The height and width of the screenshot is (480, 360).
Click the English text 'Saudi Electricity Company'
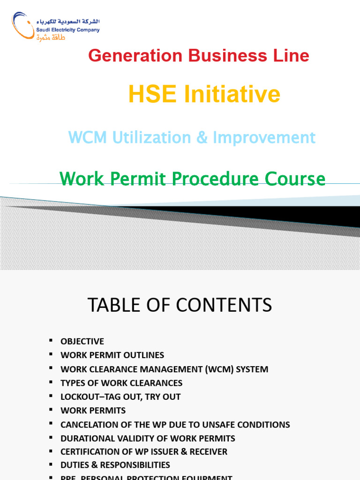pyautogui.click(x=68, y=30)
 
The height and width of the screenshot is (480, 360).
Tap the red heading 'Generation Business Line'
pyautogui.click(x=198, y=56)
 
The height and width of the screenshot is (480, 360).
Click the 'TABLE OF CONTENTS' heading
pyautogui.click(x=180, y=305)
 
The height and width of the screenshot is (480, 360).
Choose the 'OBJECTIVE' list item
pyautogui.click(x=82, y=342)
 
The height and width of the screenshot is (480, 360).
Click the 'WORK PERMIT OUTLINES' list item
pyautogui.click(x=112, y=355)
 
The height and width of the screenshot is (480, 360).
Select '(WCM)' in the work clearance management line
pyautogui.click(x=220, y=369)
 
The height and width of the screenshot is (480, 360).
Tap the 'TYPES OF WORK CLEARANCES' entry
pyautogui.click(x=121, y=383)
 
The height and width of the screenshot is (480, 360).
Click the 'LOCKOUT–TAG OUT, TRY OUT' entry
pyautogui.click(x=120, y=397)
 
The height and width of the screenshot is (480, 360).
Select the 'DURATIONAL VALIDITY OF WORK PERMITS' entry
pyautogui.click(x=148, y=438)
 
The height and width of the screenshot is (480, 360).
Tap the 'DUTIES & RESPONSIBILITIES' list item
pyautogui.click(x=115, y=465)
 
